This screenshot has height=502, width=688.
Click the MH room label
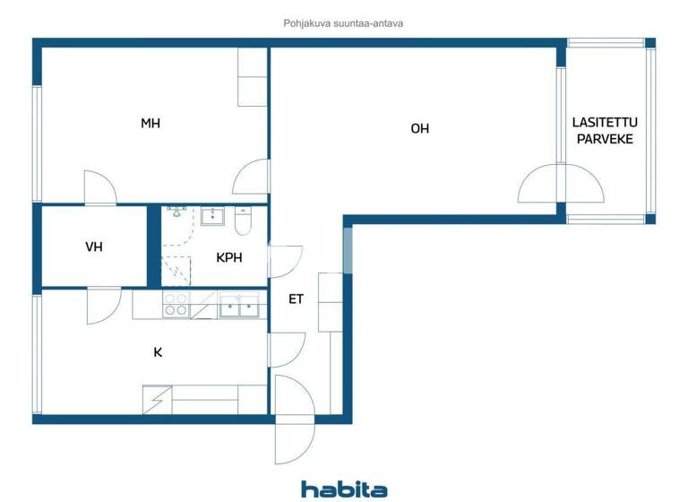150,124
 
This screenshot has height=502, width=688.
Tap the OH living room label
419,128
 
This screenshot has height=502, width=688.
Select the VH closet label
94,247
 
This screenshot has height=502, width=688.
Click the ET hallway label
296,299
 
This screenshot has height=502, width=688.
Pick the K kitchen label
158,352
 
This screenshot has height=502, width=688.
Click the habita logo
344,489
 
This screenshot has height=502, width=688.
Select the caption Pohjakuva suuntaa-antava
343,23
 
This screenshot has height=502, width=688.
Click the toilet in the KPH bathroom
243,220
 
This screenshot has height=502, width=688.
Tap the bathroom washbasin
213,215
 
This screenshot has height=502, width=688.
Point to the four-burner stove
176,305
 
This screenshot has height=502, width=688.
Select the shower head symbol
176,212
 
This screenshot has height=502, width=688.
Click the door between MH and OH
253,177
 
